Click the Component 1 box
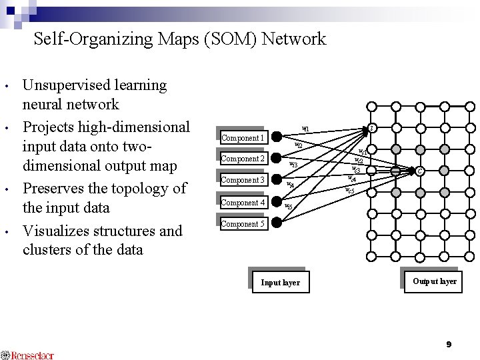click(x=243, y=137)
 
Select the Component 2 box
click(x=243, y=159)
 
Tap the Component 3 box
click(x=243, y=180)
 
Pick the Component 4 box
click(x=243, y=202)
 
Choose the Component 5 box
click(x=243, y=224)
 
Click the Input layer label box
click(x=280, y=282)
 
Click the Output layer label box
click(x=434, y=281)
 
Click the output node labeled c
click(x=419, y=171)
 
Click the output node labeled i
click(x=373, y=128)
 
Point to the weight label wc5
click(x=349, y=191)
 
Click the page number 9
click(x=449, y=344)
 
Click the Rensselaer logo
click(x=27, y=355)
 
